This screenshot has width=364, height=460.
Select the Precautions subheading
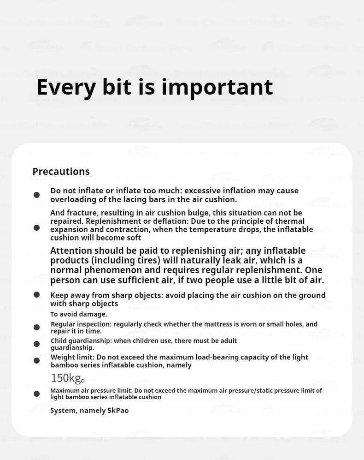pos(61,172)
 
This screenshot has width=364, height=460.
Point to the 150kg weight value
pos(67,378)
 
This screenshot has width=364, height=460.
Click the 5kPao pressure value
pos(118,411)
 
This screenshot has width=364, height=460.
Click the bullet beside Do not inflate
pos(37,195)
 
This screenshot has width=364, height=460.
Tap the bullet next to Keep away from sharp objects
pos(37,295)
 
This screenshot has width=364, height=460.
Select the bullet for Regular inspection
pos(37,328)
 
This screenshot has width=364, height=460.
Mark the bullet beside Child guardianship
pos(37,344)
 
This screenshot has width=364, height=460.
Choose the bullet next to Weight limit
pos(37,360)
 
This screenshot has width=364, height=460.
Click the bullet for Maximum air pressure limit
pos(37,394)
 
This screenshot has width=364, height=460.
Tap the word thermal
pos(291,221)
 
